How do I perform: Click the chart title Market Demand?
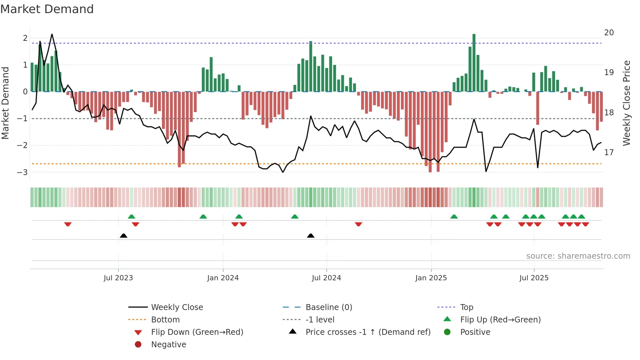click(47, 9)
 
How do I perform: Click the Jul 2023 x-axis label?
click(118, 278)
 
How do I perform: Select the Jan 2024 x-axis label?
click(223, 278)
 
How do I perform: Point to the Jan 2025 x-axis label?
click(431, 278)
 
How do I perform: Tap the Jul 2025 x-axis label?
click(534, 278)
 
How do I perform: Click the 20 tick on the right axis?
click(609, 33)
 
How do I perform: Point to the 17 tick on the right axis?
click(609, 153)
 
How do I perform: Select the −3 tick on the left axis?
click(22, 172)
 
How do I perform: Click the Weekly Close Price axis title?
click(626, 103)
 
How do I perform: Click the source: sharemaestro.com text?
click(578, 256)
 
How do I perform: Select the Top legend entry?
click(466, 307)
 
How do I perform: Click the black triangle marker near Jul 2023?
click(123, 236)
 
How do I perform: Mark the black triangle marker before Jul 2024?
click(311, 236)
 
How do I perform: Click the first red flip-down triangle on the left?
click(68, 224)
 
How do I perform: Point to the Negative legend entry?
click(168, 345)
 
